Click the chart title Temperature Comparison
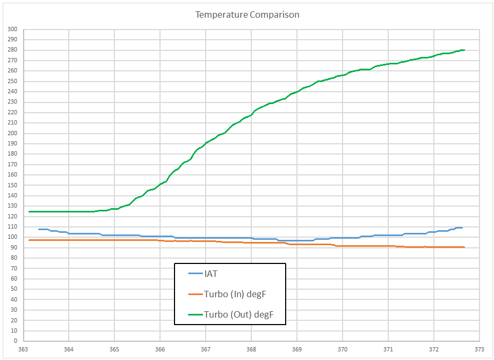[247, 14]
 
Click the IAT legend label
[212, 274]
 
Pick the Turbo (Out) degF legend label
[239, 314]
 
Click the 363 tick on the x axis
[23, 349]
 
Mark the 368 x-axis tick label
[251, 349]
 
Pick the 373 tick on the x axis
[480, 349]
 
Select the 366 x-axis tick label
[160, 349]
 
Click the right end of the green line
[464, 50]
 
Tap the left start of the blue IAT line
[39, 229]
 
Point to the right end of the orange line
[464, 247]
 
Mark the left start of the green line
[30, 211]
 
